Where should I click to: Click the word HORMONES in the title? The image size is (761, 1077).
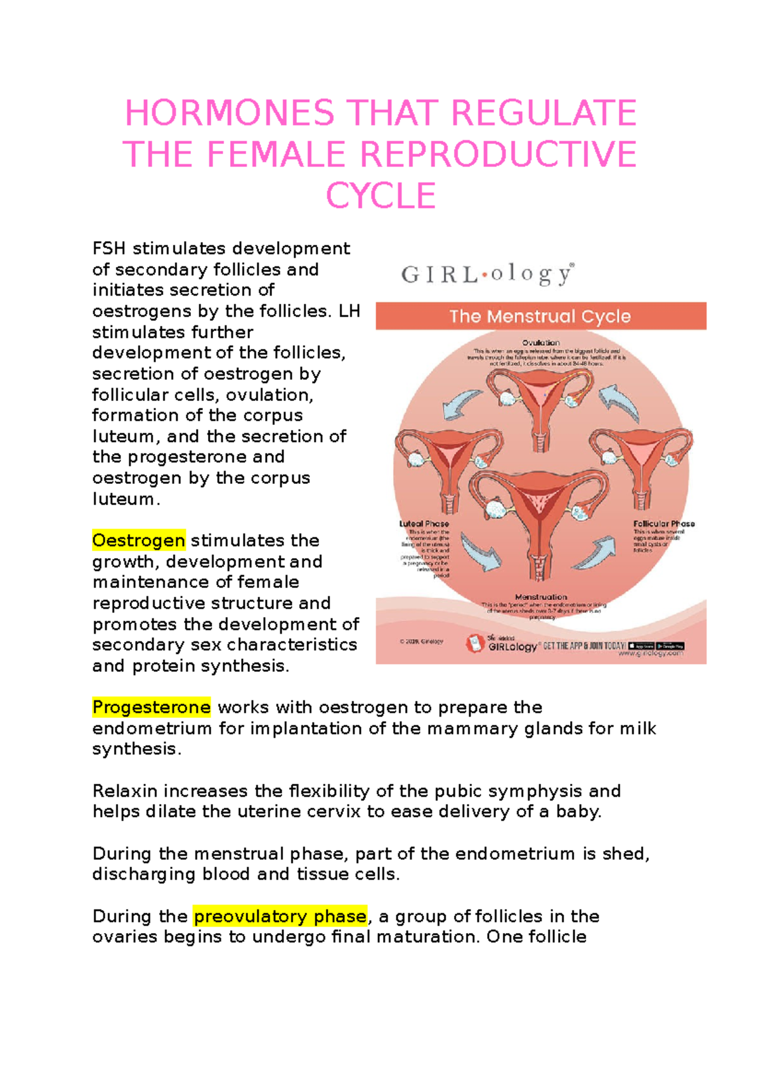[229, 114]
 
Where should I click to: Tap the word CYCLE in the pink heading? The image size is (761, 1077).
[380, 196]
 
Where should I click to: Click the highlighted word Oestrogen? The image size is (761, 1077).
[139, 540]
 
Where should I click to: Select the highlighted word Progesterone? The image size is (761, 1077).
[151, 707]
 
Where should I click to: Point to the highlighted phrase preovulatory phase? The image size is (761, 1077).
[280, 917]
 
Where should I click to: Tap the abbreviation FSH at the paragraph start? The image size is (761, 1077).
[109, 248]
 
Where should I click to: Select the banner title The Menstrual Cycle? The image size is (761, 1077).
[540, 316]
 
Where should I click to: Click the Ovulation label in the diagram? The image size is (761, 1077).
[541, 343]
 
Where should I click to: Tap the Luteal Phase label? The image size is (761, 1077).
[424, 524]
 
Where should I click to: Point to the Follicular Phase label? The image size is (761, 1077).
[664, 524]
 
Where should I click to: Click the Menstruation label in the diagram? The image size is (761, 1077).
[541, 597]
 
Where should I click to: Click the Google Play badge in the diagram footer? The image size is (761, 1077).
[670, 646]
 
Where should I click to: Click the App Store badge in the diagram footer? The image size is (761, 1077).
[641, 646]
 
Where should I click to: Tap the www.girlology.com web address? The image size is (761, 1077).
[651, 653]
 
